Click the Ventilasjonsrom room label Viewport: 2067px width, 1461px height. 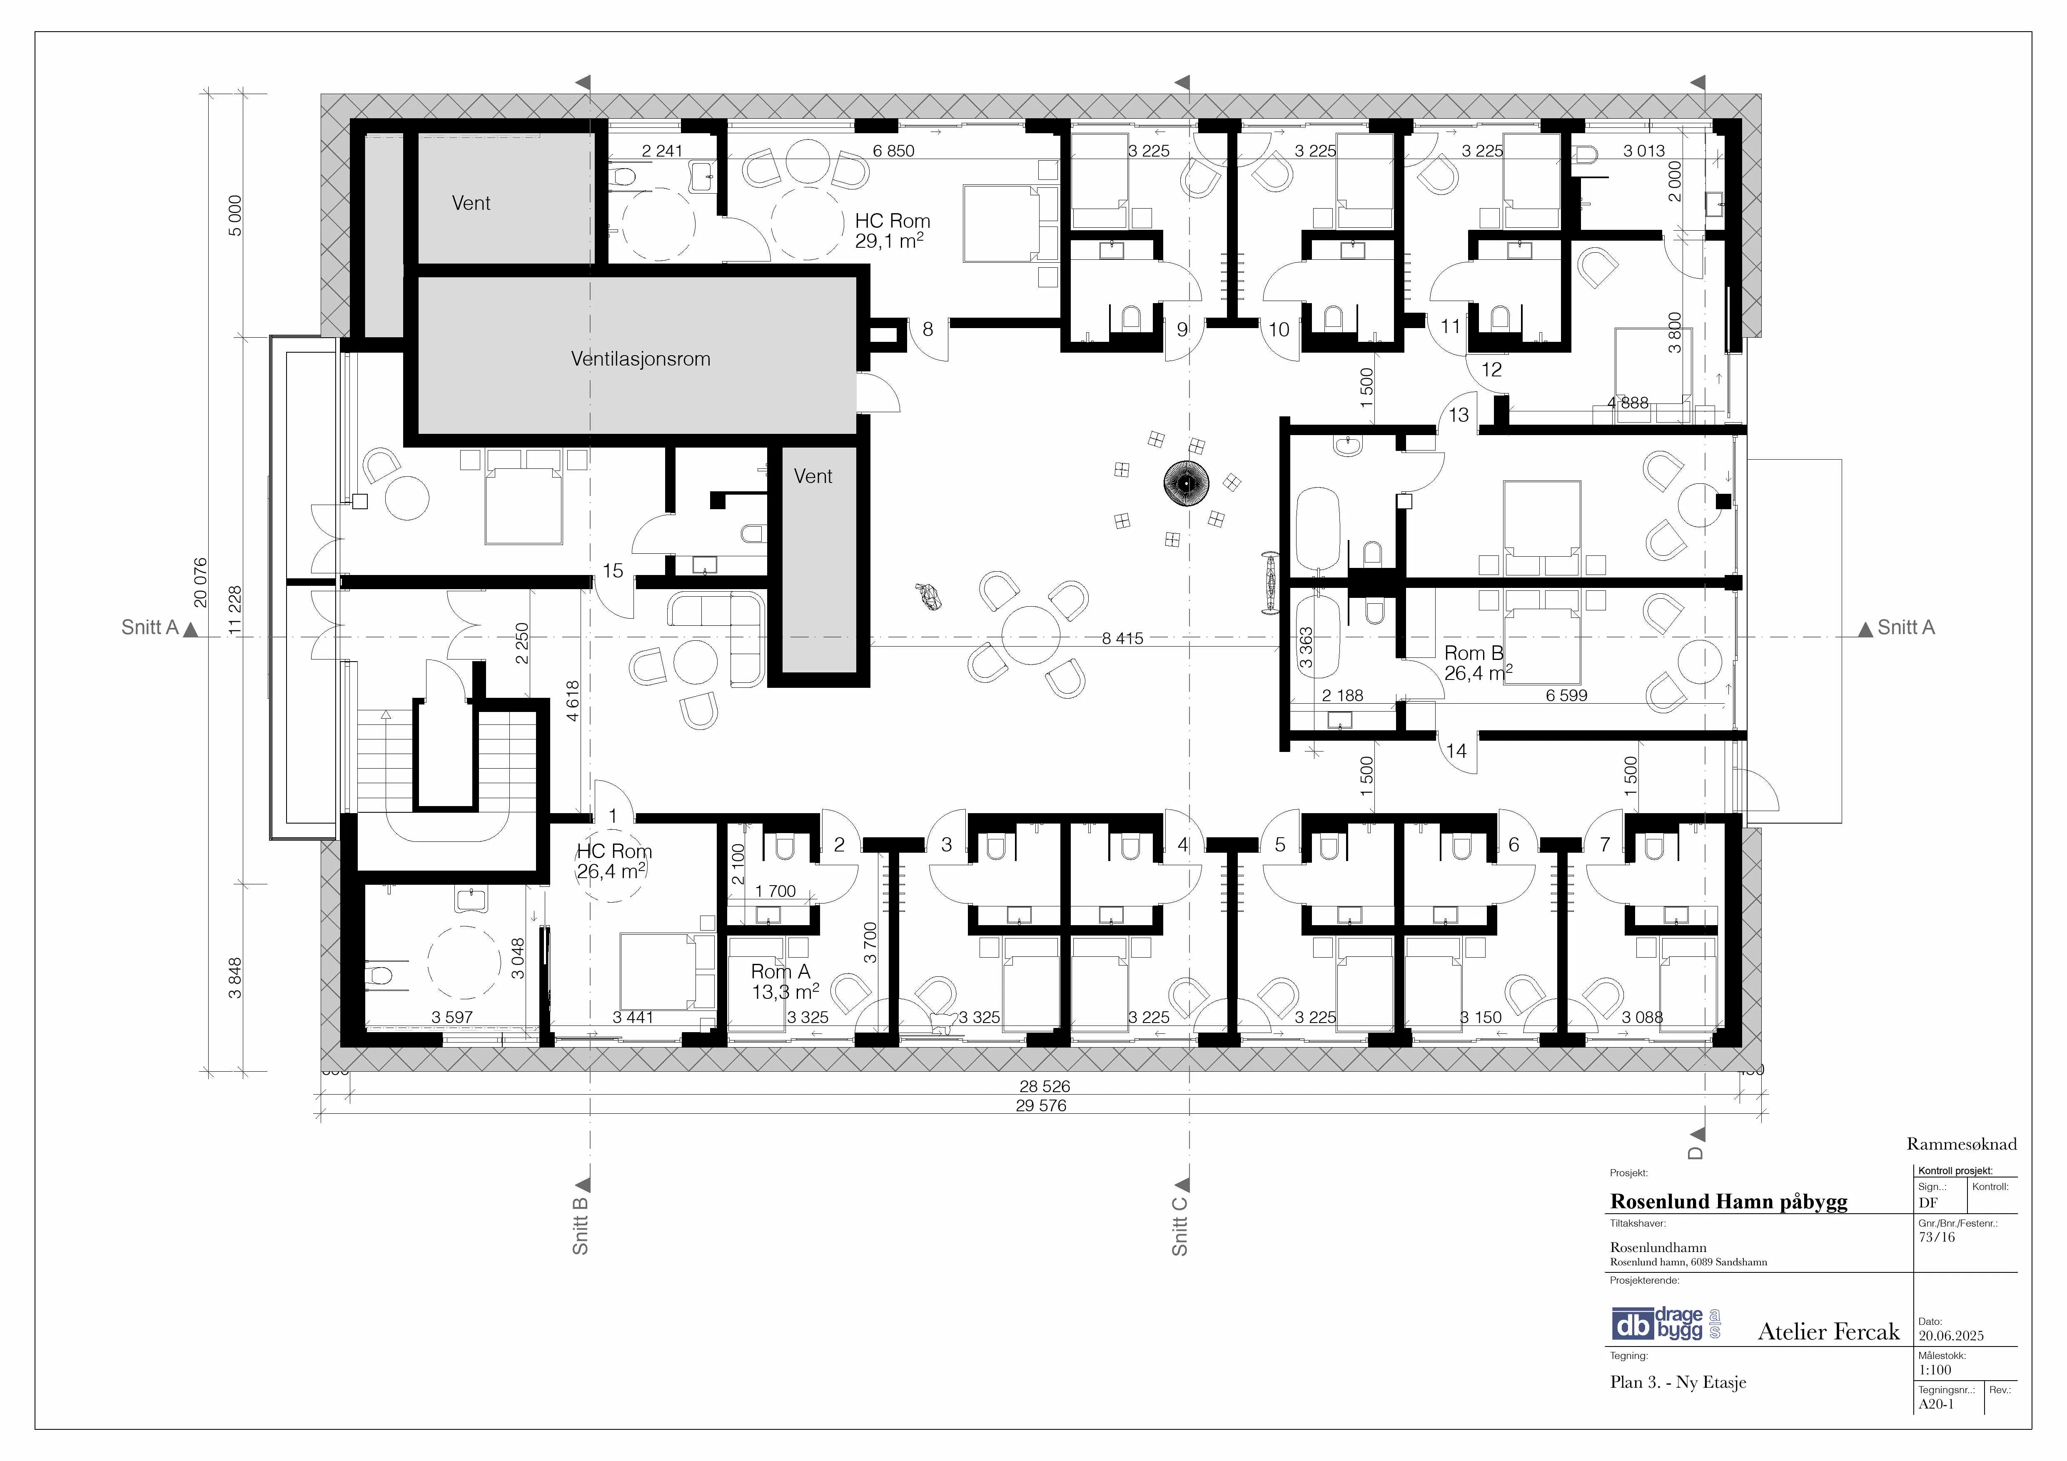click(640, 359)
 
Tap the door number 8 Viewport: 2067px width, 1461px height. click(927, 329)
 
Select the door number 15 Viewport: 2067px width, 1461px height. click(613, 571)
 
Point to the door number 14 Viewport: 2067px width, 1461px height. click(1456, 751)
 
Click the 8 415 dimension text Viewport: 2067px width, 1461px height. click(1122, 638)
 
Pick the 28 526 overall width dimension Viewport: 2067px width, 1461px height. click(1044, 1087)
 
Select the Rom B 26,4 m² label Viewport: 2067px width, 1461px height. click(1477, 662)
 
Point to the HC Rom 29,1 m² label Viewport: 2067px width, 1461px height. click(892, 230)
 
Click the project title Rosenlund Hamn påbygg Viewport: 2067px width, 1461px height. click(1728, 1202)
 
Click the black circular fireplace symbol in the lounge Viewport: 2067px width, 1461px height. click(1187, 484)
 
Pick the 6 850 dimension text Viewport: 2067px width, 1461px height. click(893, 151)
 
